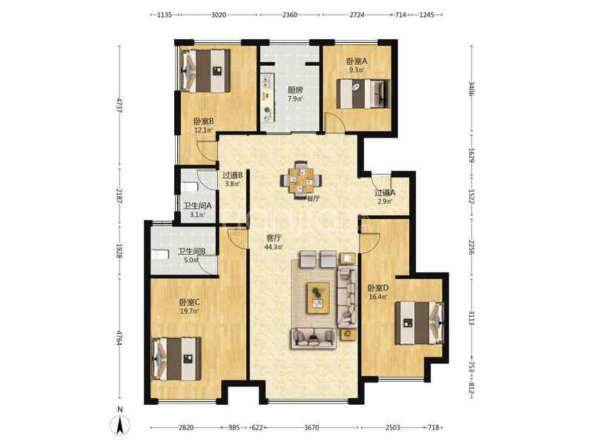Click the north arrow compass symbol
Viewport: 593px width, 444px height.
coord(120,423)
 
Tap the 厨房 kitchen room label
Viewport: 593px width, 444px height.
coord(295,90)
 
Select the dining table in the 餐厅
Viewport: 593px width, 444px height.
coord(302,180)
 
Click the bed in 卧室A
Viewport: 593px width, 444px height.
coord(362,93)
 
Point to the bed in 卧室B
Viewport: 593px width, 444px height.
coord(205,71)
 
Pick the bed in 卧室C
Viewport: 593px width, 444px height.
coord(176,359)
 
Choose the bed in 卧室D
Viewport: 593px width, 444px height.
coord(420,323)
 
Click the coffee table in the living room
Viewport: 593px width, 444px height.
coord(318,297)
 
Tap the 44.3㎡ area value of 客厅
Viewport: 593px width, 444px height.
coord(274,247)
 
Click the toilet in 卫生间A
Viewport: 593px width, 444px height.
coord(190,186)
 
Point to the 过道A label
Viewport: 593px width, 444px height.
coord(385,192)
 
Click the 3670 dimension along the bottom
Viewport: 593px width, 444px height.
coord(311,428)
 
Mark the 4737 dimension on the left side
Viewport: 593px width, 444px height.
coord(119,105)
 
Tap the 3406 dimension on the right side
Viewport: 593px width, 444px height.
coord(471,88)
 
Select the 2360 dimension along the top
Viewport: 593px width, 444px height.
coord(290,15)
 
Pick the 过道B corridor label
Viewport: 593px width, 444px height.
coord(232,175)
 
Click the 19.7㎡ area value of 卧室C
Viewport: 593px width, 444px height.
coord(190,311)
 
